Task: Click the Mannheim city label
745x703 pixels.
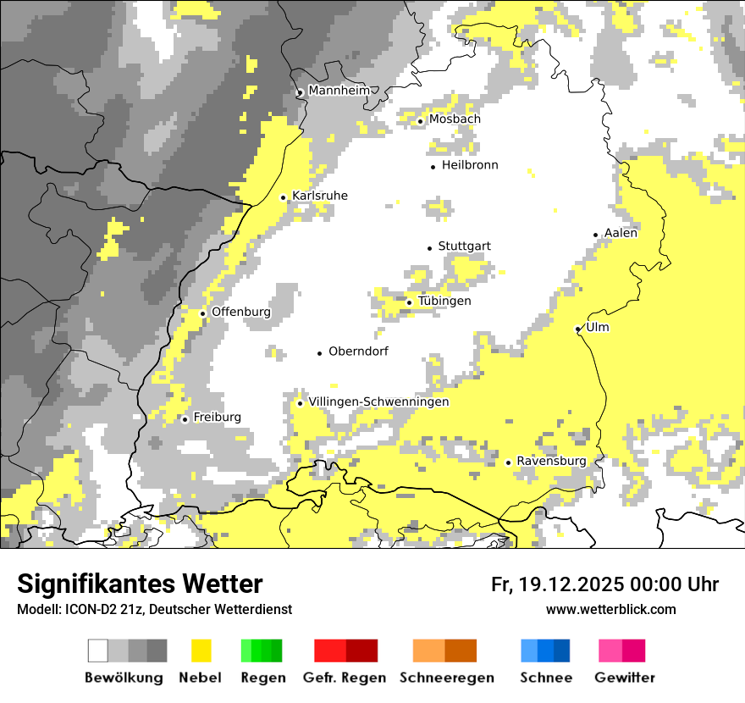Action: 339,91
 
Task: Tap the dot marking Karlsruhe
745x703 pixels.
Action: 284,197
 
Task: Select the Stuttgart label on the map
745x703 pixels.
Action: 464,246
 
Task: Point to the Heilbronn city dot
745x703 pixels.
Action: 433,167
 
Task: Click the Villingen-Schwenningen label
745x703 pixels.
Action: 378,402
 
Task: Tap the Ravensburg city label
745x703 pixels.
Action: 551,462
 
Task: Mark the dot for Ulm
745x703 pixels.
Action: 578,329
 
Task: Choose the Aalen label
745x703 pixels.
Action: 621,233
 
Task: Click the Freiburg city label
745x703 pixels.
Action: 217,418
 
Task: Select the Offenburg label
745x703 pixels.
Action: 240,312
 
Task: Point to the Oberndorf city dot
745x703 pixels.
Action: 320,353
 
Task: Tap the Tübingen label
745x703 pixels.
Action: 444,302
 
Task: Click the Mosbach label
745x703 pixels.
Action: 455,119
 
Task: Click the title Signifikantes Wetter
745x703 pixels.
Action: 140,584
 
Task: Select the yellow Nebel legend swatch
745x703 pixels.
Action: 201,650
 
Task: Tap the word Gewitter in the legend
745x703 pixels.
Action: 625,678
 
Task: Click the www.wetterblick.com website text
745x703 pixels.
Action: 610,610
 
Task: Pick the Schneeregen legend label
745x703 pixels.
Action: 447,678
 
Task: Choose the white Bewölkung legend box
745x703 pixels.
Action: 98,650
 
